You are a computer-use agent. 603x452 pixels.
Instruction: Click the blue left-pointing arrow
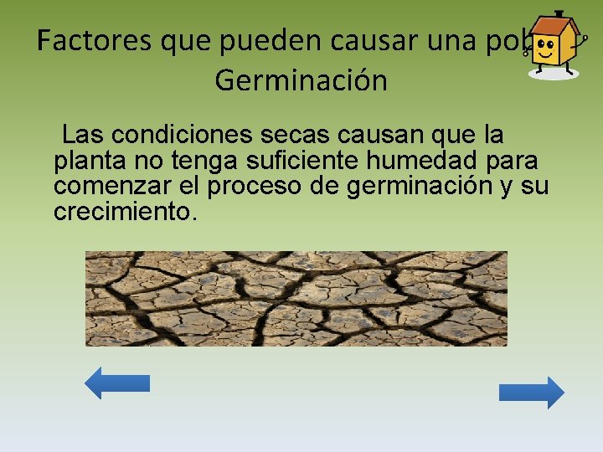[117, 383]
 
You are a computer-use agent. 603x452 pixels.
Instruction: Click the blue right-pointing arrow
[531, 393]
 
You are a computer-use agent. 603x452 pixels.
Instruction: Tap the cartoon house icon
[554, 45]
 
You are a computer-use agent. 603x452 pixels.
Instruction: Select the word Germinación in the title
[301, 81]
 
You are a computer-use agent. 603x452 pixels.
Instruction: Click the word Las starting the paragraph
[83, 135]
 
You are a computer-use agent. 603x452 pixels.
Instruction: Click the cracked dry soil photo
[296, 298]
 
